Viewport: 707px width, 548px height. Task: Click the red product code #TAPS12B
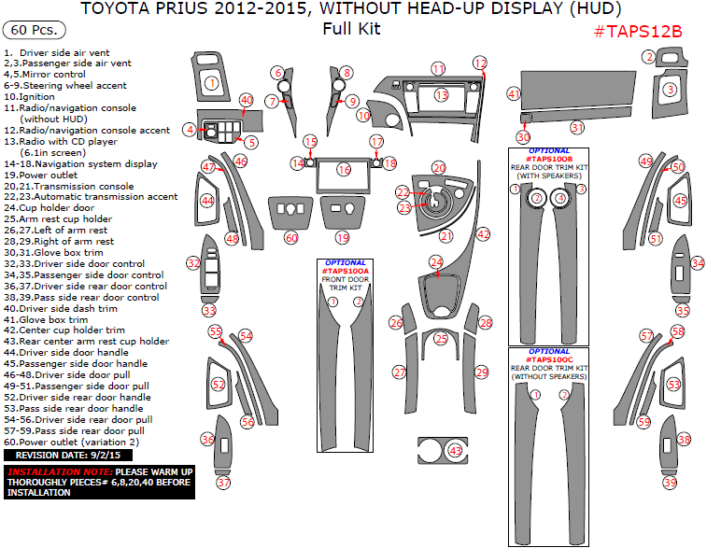point(638,31)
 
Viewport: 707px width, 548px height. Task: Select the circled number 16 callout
point(345,170)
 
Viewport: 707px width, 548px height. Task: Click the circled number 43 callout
point(455,451)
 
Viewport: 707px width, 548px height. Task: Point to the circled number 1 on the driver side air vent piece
point(212,84)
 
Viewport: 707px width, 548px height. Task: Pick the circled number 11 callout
point(438,69)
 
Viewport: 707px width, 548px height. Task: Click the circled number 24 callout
point(436,263)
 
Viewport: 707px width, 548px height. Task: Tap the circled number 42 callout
point(483,234)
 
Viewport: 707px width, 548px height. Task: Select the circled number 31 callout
point(577,127)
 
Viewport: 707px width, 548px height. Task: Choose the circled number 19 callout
point(343,238)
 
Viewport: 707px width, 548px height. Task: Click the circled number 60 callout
point(291,238)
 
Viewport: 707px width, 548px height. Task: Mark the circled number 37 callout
point(223,483)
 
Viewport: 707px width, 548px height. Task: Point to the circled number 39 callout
point(671,483)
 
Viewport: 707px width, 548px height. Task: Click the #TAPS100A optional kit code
point(346,270)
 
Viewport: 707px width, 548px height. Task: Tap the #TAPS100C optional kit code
point(549,359)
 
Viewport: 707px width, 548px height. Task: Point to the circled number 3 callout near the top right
point(671,90)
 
